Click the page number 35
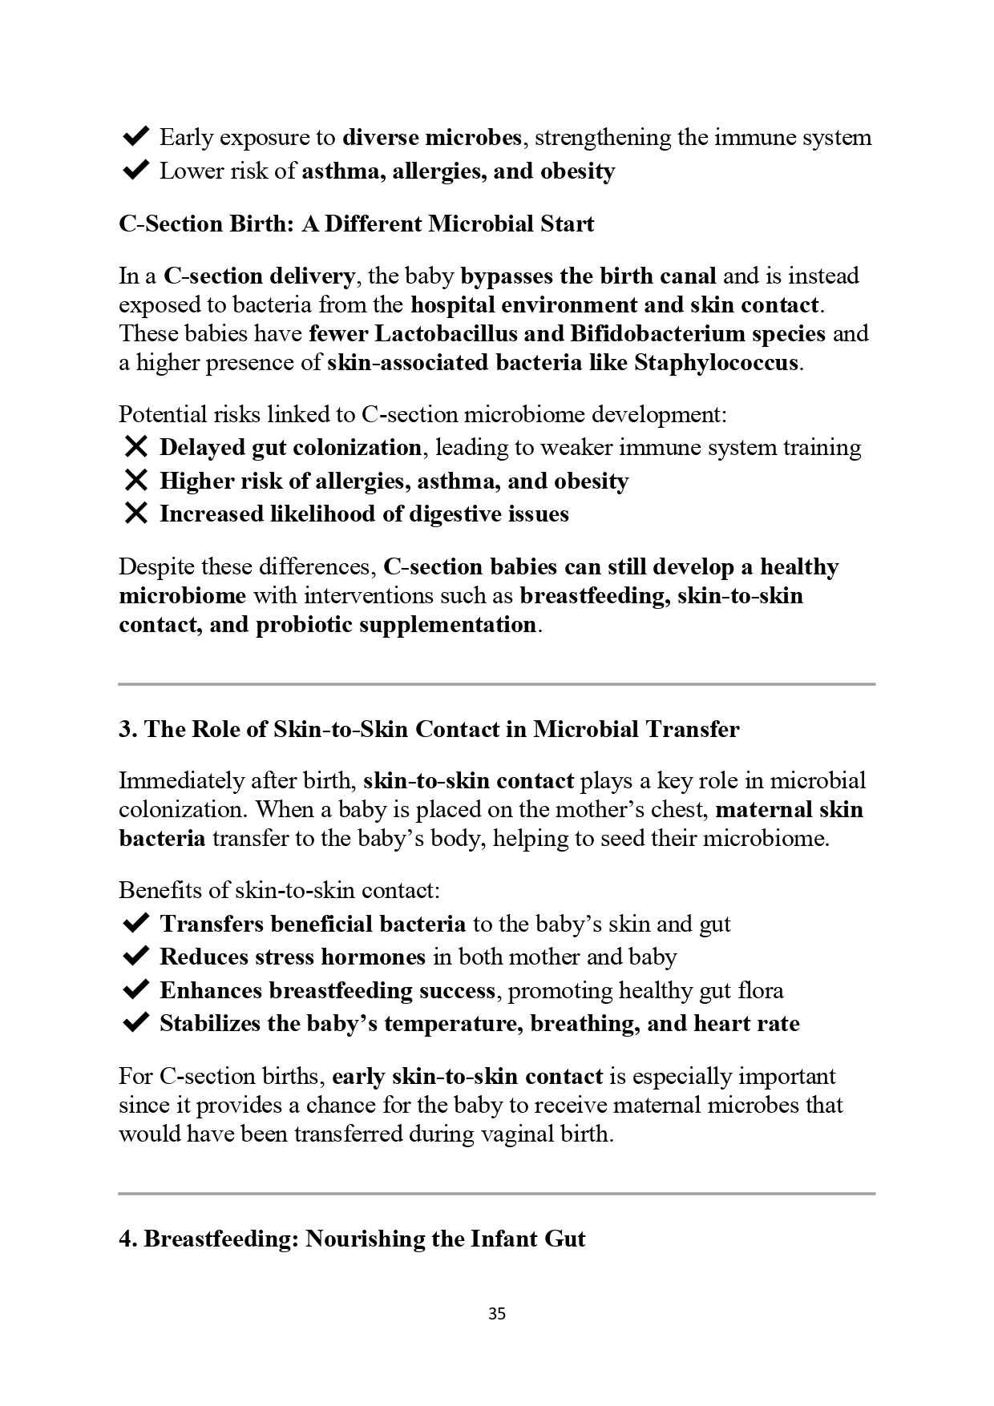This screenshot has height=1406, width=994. (496, 1314)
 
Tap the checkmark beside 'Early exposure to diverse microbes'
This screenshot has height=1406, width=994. (136, 137)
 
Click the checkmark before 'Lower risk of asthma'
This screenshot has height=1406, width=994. (136, 171)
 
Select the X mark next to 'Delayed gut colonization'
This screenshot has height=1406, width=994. (136, 447)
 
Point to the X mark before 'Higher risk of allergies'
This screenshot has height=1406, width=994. (136, 481)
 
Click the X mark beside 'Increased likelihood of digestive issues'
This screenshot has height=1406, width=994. (136, 514)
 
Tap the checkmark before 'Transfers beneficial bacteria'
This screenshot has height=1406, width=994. (136, 924)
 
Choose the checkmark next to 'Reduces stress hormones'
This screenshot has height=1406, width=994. (136, 957)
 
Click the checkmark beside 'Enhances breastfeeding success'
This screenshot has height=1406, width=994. (136, 990)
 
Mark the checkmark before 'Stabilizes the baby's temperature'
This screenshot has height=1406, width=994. (136, 1023)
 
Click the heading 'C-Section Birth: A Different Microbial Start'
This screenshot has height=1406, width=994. (356, 224)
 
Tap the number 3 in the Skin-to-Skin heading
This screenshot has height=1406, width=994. (124, 729)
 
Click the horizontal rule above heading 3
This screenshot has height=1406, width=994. (496, 684)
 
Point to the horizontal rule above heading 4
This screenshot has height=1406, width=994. (496, 1194)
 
